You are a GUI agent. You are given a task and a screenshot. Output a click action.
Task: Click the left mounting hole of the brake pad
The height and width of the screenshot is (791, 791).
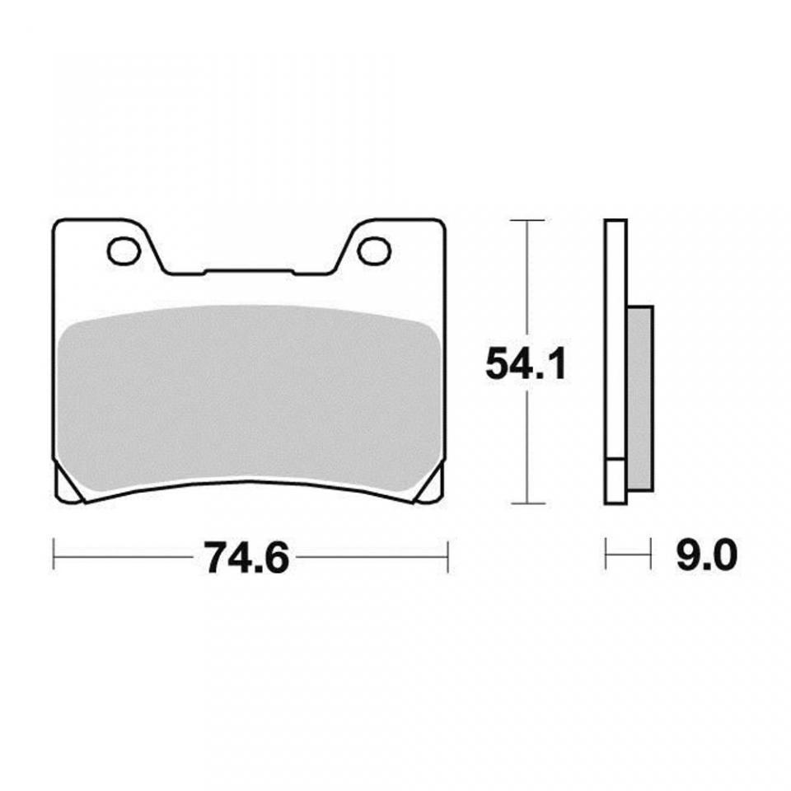[124, 250]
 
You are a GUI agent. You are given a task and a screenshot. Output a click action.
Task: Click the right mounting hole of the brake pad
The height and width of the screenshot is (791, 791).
[375, 250]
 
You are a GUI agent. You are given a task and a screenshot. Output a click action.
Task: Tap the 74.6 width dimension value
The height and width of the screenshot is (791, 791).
[246, 557]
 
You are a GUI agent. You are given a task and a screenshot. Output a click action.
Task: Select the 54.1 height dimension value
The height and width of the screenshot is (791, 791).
[526, 364]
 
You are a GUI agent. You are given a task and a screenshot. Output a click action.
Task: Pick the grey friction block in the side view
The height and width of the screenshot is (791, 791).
[640, 399]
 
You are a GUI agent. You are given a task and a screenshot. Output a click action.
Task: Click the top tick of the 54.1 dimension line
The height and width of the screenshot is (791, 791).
[527, 221]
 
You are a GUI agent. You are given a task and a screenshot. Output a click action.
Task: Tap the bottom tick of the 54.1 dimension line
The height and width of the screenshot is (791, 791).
[527, 503]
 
